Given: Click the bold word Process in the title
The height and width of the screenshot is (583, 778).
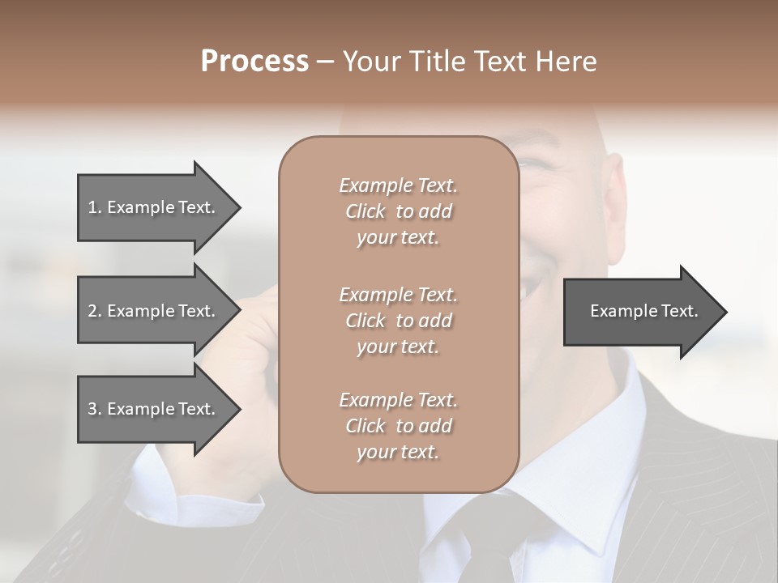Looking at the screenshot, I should coord(254,61).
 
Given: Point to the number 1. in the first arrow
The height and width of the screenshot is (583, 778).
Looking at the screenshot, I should coord(95,207).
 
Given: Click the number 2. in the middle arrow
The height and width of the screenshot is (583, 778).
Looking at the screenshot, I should coord(95,311).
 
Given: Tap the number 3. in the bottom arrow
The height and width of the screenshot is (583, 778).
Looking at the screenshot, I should coord(95,409).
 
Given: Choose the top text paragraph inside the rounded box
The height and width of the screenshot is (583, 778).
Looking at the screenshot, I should coord(398,211).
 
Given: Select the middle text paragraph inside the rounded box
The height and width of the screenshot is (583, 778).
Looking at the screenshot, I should coord(398,321).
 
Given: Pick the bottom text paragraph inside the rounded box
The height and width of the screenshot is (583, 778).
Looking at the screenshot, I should coord(398,426).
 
